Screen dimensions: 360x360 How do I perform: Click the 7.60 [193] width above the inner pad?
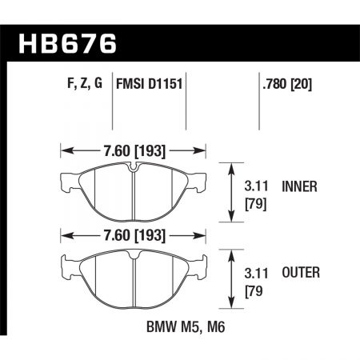point(134,149)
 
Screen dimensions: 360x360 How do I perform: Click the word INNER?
point(301,187)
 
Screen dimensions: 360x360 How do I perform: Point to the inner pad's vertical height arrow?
point(233,192)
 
